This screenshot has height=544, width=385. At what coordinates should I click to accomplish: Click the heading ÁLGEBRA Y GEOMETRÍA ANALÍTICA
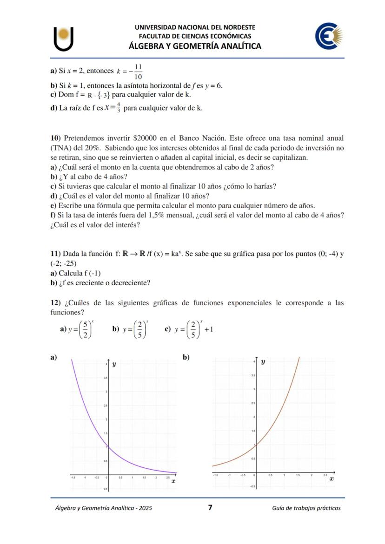click(195, 46)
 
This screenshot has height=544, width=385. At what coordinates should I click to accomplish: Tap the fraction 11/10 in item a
click(138, 72)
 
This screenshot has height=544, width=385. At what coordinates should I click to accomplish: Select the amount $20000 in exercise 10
click(145, 138)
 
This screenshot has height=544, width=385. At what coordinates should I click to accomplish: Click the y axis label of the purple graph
click(114, 366)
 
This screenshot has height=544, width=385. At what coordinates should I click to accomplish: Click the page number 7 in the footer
click(210, 507)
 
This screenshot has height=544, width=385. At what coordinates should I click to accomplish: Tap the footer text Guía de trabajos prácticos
click(306, 508)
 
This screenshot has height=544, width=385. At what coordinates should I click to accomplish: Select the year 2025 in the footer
click(145, 508)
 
